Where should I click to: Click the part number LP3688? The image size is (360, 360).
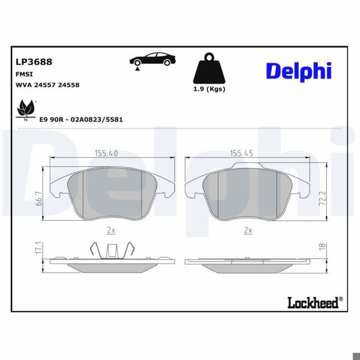click(33, 61)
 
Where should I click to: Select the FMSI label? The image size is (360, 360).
click(23, 73)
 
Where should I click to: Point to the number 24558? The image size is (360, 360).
click(70, 85)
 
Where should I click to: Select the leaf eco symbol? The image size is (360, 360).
click(26, 109)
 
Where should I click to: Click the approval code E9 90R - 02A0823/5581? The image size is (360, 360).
click(81, 119)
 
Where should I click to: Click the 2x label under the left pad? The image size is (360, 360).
click(110, 230)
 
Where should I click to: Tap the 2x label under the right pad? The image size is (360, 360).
click(247, 230)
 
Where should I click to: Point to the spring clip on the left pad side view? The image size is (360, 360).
click(110, 250)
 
